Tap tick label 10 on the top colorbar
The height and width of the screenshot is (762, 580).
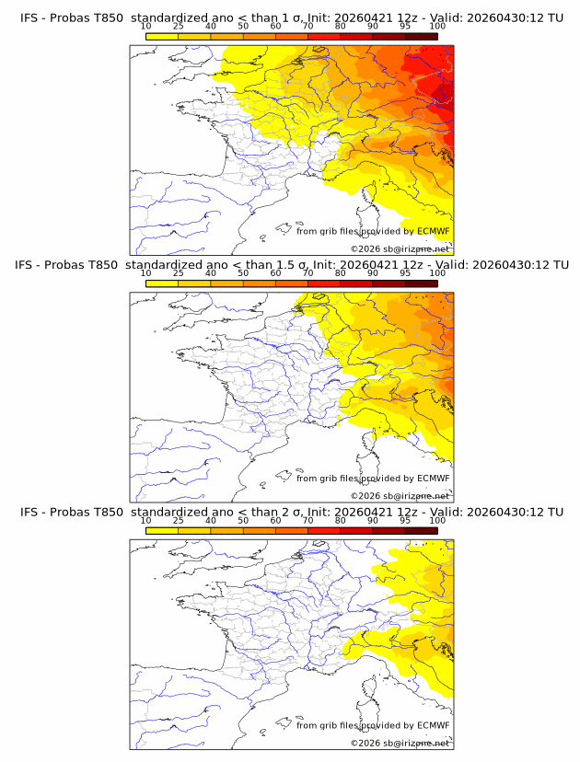pos(146,26)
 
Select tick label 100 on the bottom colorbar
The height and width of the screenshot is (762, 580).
pos(437,520)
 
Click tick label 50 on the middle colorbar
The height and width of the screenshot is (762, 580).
pos(243,273)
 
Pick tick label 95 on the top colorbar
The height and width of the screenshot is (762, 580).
pos(405,26)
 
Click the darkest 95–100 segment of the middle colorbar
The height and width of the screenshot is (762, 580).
pos(421,283)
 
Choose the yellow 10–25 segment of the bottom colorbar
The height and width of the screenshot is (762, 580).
pos(162,531)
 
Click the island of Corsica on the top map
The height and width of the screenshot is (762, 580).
pos(370,197)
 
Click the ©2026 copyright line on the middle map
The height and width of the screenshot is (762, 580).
pos(400,495)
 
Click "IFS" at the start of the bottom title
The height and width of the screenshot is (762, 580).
pos(29,512)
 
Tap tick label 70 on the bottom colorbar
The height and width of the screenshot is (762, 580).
pos(307,520)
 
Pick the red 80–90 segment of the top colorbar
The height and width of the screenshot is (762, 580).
pos(356,36)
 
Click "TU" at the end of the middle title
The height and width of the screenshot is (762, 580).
pos(556,265)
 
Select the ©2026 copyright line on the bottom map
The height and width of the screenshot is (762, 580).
pos(400,743)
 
